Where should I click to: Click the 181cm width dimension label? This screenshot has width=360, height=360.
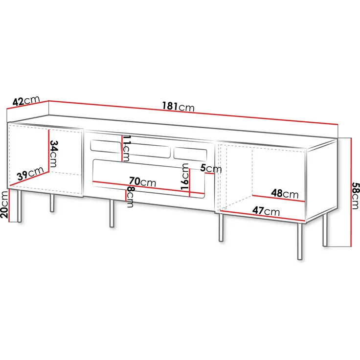[178, 106]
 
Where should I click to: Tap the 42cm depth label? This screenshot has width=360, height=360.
[26, 101]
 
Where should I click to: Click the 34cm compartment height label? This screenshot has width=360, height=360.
[54, 153]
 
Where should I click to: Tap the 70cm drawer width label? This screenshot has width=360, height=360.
[142, 182]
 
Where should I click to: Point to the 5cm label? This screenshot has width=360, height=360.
[211, 169]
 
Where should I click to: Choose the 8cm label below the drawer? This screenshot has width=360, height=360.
[130, 197]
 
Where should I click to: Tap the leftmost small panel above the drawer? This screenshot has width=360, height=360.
[105, 145]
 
